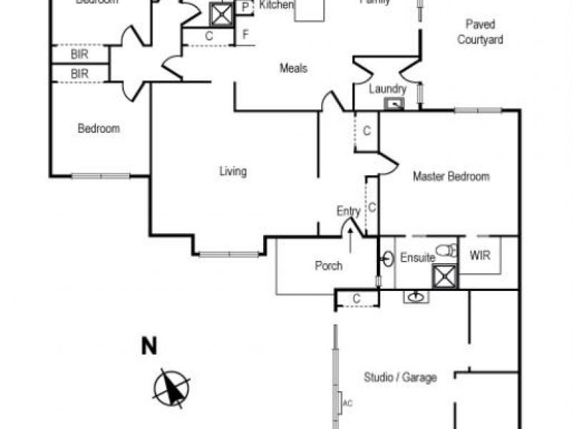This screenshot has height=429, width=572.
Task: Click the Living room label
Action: [x=233, y=172]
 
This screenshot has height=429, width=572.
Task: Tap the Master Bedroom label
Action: [x=451, y=177]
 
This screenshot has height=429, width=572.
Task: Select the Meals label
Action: [x=293, y=69]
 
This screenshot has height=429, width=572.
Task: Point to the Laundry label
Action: [x=388, y=89]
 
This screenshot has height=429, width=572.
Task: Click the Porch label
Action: [x=328, y=266]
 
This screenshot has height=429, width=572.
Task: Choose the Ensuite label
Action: [x=417, y=258]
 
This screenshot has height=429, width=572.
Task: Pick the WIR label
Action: [x=480, y=256]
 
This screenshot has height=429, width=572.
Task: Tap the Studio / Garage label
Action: [x=400, y=378]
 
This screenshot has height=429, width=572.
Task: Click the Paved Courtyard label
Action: [x=480, y=32]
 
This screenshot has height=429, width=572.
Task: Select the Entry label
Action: [x=349, y=211]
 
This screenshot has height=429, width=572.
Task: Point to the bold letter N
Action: [x=149, y=347]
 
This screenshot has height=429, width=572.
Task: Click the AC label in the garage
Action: [x=348, y=403]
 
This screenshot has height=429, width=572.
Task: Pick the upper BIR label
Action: [x=79, y=54]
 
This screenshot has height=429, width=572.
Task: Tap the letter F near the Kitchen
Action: [x=245, y=34]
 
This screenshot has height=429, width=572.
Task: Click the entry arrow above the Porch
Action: [x=350, y=237]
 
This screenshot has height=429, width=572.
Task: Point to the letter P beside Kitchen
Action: [x=245, y=7]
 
